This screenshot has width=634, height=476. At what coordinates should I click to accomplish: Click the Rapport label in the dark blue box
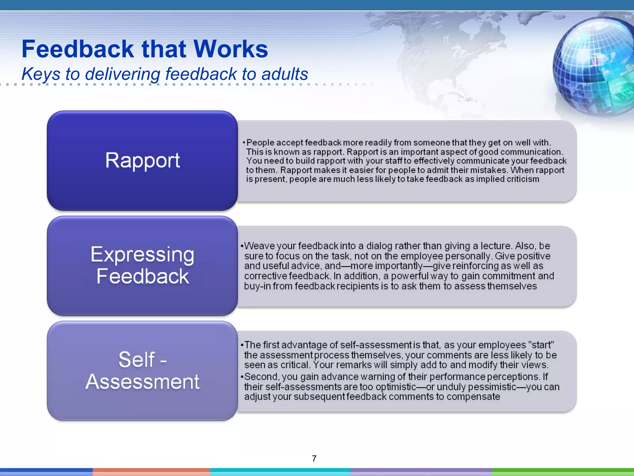[x=142, y=161]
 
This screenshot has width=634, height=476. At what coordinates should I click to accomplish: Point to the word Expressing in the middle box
[x=142, y=255]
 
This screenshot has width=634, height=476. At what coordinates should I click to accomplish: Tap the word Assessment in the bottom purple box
[x=142, y=381]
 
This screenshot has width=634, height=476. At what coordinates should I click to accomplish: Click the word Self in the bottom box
[x=137, y=359]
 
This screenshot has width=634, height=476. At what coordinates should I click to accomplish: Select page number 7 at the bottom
[x=314, y=458]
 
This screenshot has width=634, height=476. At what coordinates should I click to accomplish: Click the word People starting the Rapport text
[x=260, y=143]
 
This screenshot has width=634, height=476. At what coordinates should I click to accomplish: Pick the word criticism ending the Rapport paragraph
[x=523, y=179]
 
